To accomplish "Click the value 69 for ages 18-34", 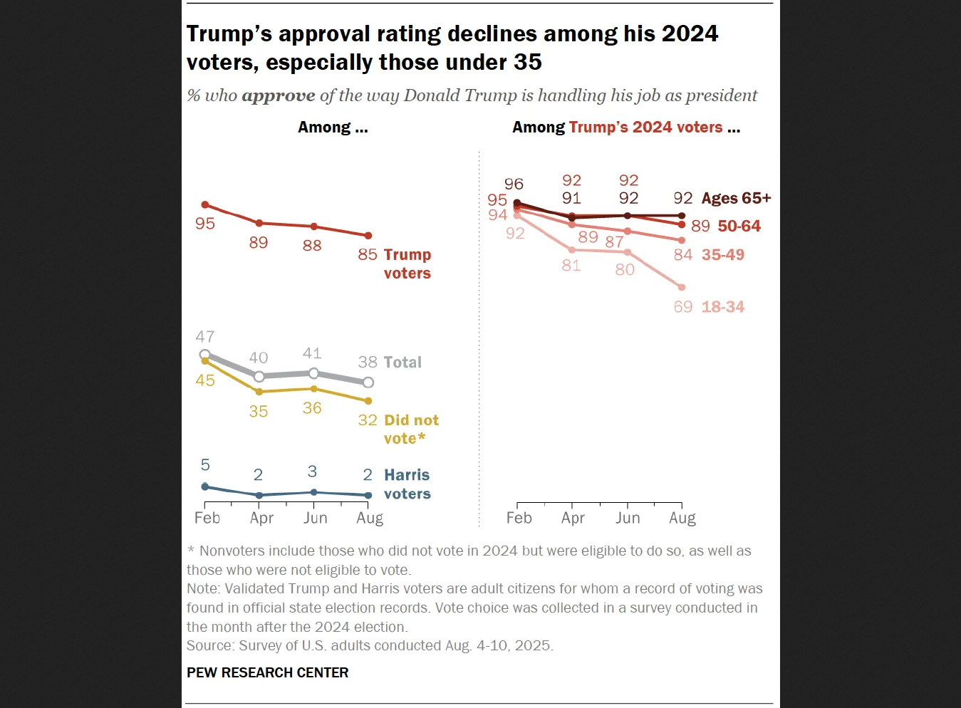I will pos(682,307).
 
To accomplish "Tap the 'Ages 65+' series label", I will pos(736,198).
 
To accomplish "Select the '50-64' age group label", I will pos(739,227).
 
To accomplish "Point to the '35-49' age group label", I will pos(722,255).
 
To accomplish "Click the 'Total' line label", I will pos(403,363).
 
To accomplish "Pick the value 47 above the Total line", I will pos(205,336).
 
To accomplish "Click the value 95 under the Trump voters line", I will pos(205,224).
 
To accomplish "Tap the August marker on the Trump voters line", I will pos(368,236).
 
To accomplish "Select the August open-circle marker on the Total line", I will pos(368,382).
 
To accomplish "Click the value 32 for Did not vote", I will pos(368,420).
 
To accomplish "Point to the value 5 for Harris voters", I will pos(205,465).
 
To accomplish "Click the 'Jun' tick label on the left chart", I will pos(315,518).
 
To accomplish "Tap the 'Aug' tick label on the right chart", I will pos(682,518).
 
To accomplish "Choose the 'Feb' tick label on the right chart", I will pos(519,518).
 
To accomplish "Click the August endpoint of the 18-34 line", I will pos(682,288).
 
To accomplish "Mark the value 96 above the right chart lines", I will pos(514,184).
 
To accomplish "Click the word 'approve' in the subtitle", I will pos(278,95).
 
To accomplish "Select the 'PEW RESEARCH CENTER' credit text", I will pos(267,672).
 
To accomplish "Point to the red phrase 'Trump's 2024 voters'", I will pos(645,127).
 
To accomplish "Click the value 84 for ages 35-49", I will pos(682,255).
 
